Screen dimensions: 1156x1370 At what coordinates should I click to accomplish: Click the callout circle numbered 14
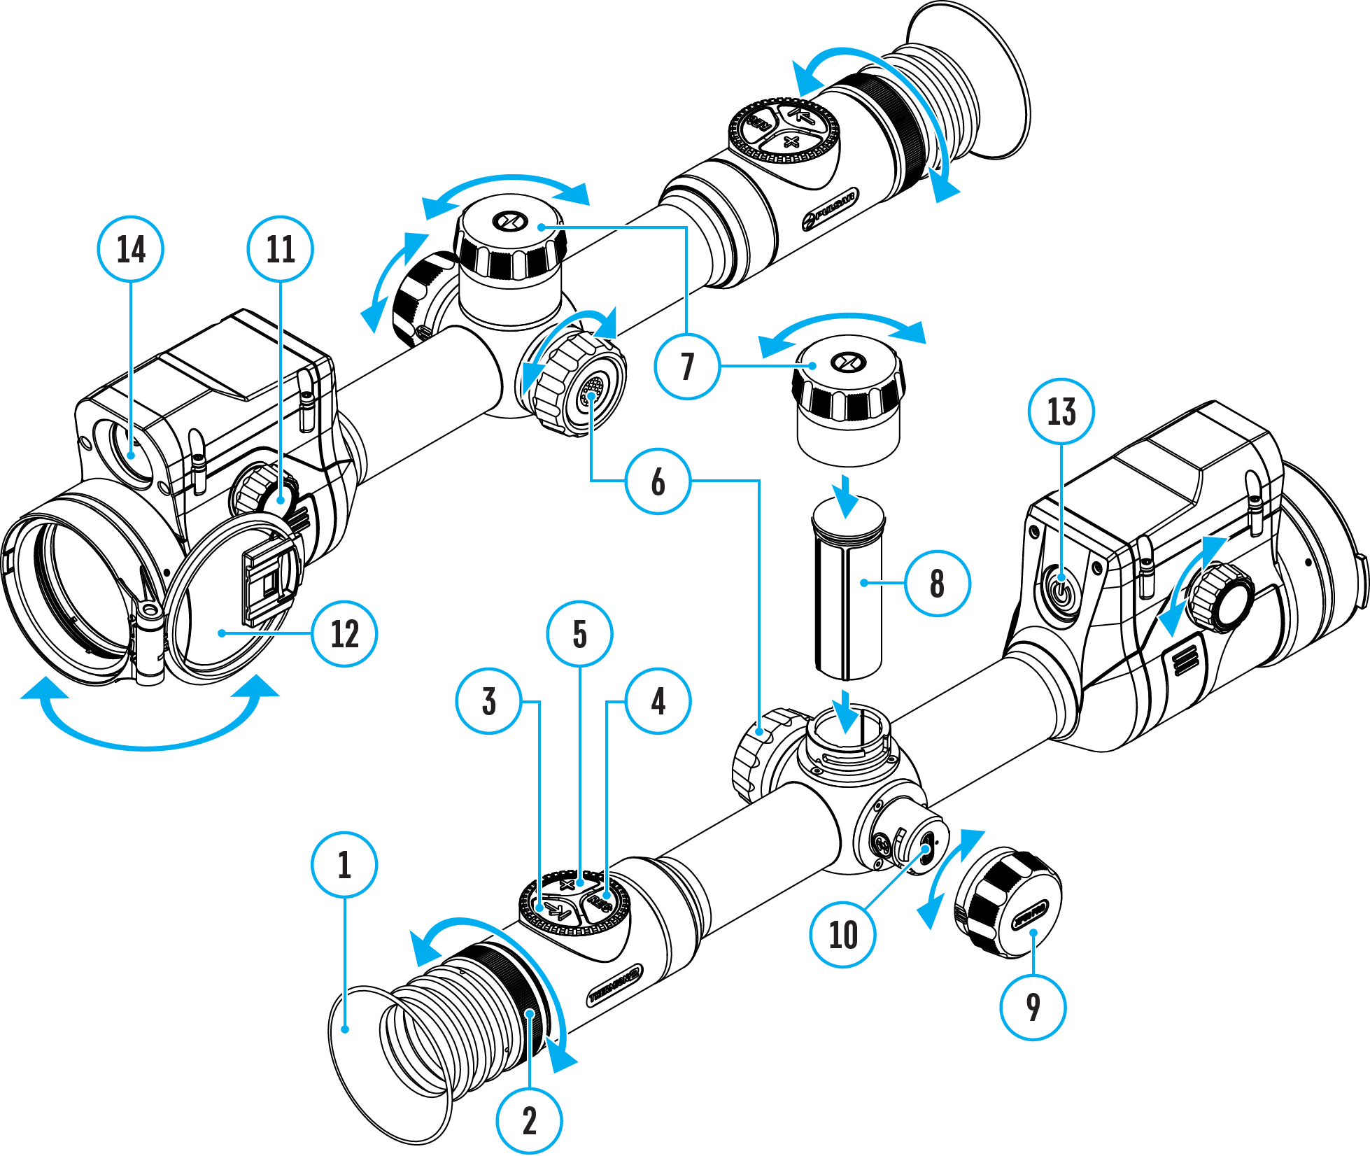tap(131, 249)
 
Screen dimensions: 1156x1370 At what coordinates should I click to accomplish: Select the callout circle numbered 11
tap(280, 249)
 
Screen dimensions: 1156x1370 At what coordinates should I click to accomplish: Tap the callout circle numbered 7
tap(687, 366)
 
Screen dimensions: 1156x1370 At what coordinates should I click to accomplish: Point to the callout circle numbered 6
tap(658, 481)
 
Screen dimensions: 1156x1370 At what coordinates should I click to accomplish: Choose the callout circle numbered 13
tap(1061, 411)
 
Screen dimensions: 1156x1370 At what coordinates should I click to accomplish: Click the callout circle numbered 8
tap(937, 583)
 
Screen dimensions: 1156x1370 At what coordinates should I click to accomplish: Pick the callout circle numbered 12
tap(344, 633)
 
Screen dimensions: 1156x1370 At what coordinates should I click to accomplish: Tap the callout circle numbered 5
tap(579, 633)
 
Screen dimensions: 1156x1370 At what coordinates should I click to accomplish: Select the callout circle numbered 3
tap(488, 700)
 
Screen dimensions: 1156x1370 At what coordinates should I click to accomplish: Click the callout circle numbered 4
tap(658, 700)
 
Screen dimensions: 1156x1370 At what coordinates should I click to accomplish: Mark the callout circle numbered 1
tap(344, 864)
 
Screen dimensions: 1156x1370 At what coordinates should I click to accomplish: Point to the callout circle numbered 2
tap(529, 1120)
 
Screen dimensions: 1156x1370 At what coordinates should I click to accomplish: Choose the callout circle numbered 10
tap(842, 934)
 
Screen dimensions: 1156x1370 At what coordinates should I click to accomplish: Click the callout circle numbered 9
tap(1033, 1007)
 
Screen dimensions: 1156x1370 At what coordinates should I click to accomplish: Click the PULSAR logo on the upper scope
tap(831, 209)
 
